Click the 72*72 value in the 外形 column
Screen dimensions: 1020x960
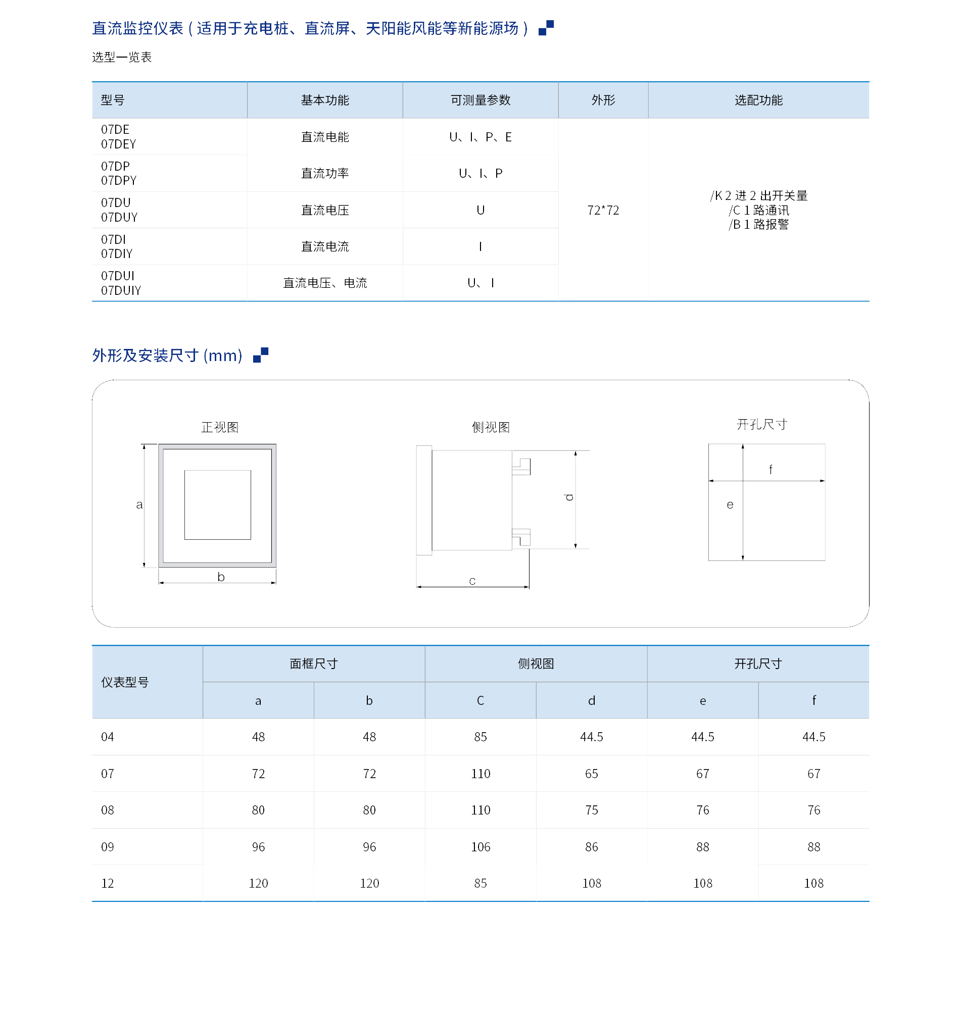tap(603, 211)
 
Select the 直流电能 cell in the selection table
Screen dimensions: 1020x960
tap(324, 137)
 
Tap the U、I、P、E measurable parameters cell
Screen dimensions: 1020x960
tap(480, 137)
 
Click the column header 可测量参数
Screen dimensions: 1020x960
tap(480, 100)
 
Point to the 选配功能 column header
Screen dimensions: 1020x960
tap(758, 100)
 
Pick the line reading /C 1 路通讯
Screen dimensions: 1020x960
tap(758, 211)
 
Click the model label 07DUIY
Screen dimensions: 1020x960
tap(121, 290)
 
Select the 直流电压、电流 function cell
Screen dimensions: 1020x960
tap(324, 283)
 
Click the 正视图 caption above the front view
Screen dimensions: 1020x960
tap(220, 427)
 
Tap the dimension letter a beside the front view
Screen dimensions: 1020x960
tap(139, 505)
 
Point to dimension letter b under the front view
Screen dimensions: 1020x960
tap(221, 577)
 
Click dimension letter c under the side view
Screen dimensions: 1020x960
tap(472, 581)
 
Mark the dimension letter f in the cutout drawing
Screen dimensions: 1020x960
tap(770, 470)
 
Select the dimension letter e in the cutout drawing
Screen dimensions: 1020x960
tap(730, 505)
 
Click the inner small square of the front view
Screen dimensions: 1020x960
tap(218, 505)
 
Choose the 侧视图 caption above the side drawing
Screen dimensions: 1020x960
tap(490, 427)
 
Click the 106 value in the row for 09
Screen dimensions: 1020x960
tap(480, 847)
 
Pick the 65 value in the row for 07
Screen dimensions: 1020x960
tap(591, 774)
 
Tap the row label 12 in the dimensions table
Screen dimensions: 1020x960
tap(107, 883)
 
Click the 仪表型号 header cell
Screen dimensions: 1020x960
tap(125, 682)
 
